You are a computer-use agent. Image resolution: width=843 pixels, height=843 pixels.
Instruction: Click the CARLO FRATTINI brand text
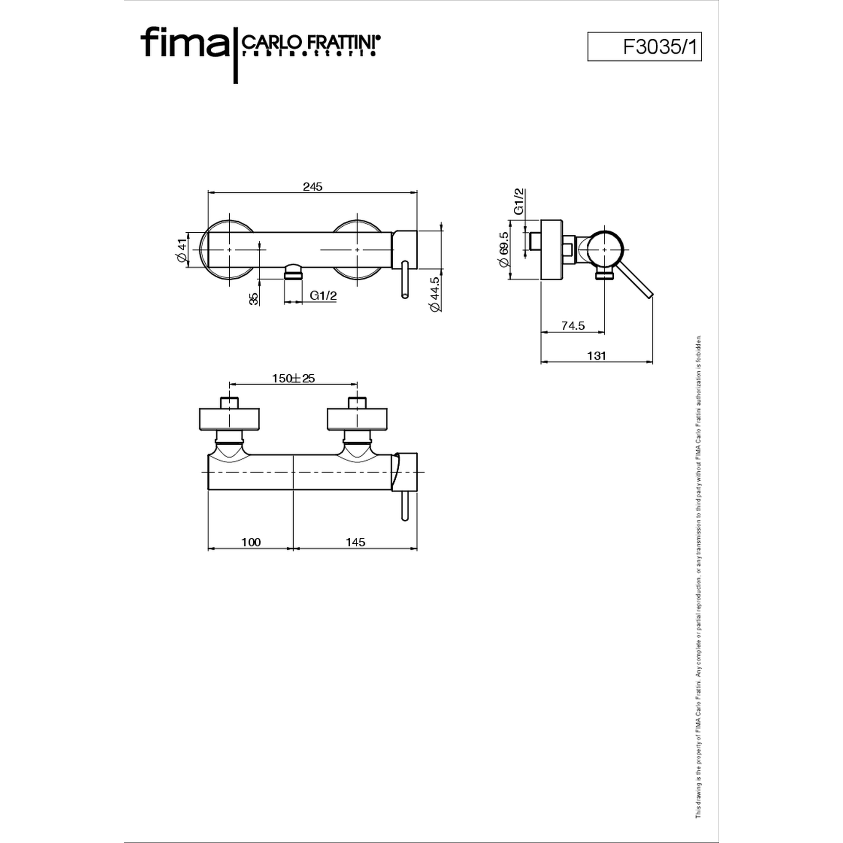311,42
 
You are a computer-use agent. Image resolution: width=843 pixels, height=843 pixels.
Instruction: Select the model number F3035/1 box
644,46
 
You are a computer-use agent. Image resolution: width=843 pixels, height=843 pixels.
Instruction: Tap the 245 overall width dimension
312,187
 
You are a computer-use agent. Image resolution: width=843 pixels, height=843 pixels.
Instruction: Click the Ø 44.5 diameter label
435,295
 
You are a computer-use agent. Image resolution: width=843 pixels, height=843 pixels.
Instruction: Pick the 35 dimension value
253,298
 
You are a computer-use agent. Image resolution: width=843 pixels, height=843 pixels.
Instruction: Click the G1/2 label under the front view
323,295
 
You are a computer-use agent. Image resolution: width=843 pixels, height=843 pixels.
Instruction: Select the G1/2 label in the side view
519,201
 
